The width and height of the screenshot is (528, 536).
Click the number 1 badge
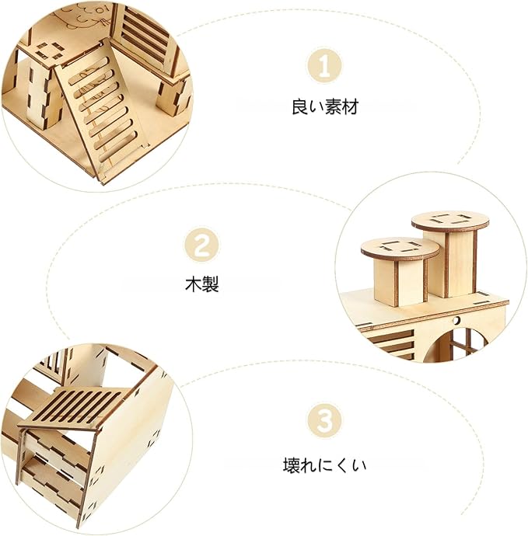(325, 68)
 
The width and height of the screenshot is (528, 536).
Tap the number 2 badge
(201, 247)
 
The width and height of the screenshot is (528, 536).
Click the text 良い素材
(325, 107)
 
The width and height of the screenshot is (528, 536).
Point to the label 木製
(202, 284)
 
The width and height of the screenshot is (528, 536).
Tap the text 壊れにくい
(324, 466)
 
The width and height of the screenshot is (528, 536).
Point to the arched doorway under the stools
(464, 342)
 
